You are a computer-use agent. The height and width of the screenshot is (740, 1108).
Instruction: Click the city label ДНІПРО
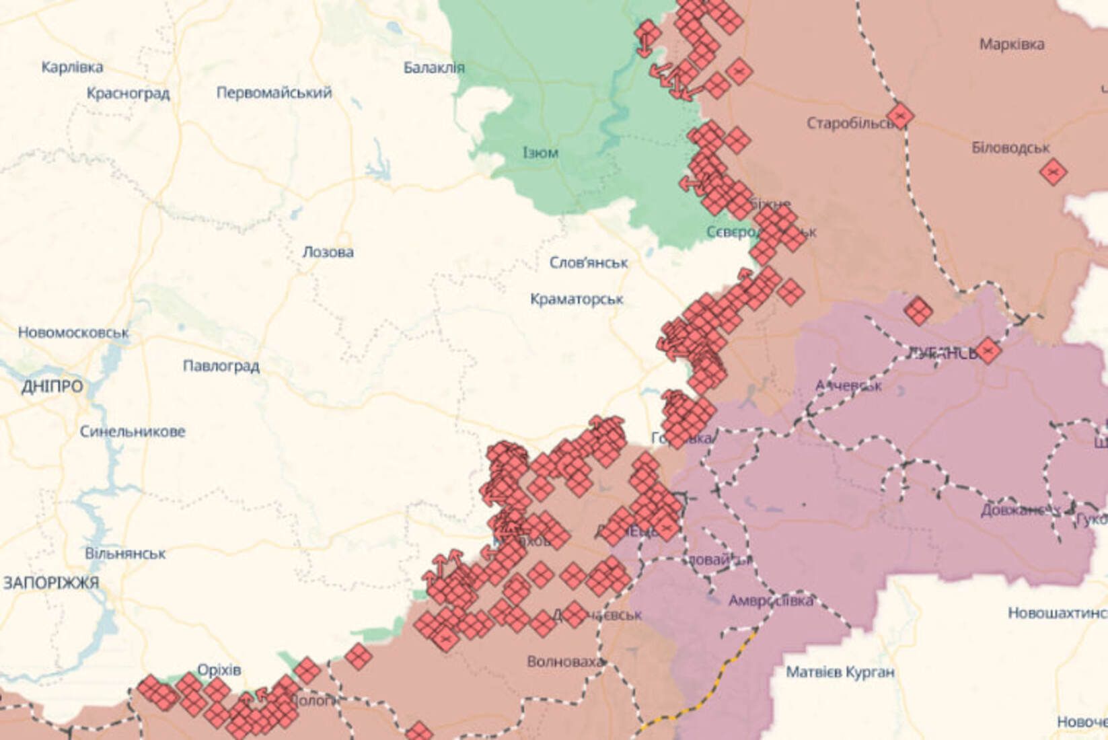point(52,387)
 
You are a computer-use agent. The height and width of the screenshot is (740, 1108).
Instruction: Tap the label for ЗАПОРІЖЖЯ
point(51,583)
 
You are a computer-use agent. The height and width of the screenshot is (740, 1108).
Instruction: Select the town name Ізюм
point(540,153)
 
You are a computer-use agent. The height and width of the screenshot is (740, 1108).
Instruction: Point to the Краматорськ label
point(577,299)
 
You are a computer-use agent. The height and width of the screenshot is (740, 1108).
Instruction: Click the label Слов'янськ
point(589,262)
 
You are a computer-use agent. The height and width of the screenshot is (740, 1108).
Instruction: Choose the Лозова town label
point(328,252)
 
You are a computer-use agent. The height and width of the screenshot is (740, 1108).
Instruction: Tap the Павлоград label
point(221,366)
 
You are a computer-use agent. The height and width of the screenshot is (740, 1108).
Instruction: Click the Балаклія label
point(434,67)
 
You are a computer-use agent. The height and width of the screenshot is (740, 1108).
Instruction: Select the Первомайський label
point(274,92)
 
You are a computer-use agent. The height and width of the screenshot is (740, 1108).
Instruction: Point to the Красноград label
point(128,93)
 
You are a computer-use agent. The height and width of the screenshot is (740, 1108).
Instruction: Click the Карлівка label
point(73,67)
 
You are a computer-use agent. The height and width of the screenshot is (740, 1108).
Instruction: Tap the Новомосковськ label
point(73,332)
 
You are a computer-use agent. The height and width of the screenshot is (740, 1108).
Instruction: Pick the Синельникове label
point(133,431)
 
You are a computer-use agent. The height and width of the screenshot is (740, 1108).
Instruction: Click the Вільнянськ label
point(125,554)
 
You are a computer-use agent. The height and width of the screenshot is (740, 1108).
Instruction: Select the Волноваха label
point(565,662)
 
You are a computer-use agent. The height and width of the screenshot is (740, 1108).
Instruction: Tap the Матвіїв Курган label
point(840,671)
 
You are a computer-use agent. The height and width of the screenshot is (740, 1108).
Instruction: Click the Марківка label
point(1012,44)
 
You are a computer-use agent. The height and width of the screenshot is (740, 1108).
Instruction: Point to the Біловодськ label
point(1010,147)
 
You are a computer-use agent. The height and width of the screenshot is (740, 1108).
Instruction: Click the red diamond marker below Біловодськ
point(1052,172)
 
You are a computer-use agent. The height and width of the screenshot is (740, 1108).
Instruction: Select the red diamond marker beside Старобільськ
point(900,116)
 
